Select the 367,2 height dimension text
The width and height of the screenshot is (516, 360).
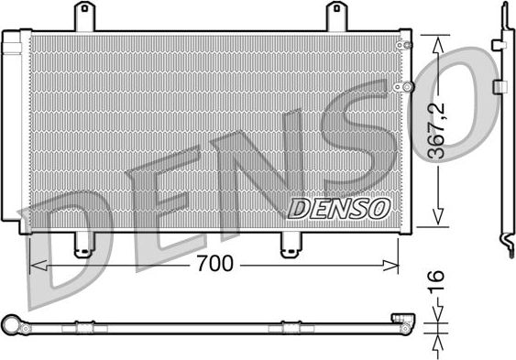tap(441, 131)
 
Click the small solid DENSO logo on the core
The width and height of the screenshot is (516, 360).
tap(339, 209)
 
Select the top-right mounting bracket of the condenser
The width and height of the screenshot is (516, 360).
tap(337, 16)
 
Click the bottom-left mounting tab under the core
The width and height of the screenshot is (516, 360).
tap(82, 243)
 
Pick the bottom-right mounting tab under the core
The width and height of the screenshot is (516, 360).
tap(290, 243)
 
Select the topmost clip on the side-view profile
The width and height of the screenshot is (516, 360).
tap(500, 44)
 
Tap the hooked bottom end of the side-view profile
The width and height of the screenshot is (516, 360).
tap(507, 242)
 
